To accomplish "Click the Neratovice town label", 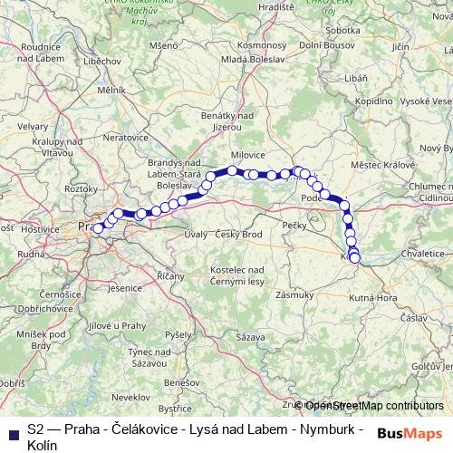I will tap(125, 137).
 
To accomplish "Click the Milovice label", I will tap(247, 154).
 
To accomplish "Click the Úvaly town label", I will tap(196, 235).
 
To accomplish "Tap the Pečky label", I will tap(297, 223).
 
